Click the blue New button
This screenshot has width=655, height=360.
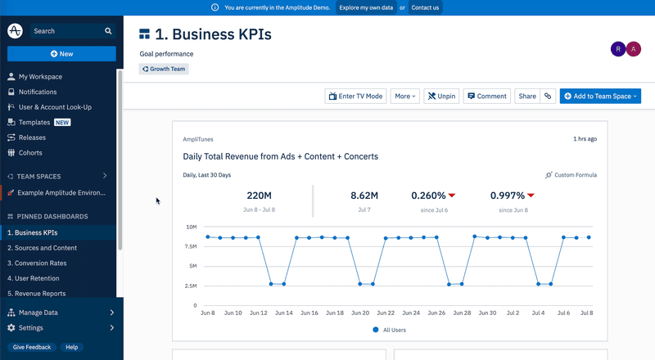point(61,54)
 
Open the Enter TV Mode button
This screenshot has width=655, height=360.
point(355,96)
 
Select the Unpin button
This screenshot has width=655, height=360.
point(441,96)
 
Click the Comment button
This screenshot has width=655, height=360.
point(486,96)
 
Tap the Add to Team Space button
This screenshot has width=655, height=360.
point(599,96)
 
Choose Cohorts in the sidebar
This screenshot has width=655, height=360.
point(30,153)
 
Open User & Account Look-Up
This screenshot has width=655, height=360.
point(55,107)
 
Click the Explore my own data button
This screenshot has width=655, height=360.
point(365,7)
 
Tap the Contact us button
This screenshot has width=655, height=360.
point(425,7)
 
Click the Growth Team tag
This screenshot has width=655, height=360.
point(164,70)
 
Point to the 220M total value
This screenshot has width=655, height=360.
point(259,196)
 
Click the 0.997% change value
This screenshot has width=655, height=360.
point(508,196)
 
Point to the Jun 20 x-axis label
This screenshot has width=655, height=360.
point(360,313)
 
